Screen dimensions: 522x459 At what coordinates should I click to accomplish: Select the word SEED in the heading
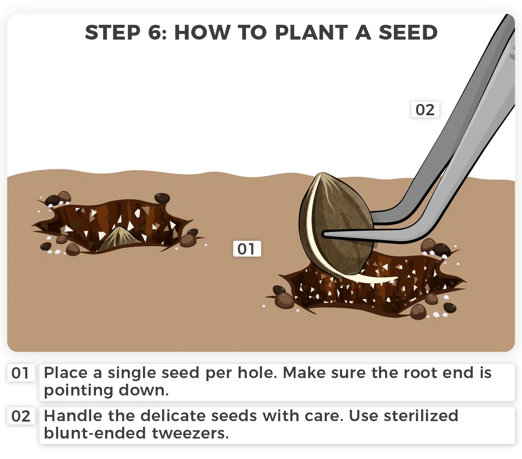point(408,33)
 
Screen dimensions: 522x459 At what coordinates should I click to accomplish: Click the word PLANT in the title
point(312,33)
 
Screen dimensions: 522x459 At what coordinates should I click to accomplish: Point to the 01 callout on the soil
point(247,249)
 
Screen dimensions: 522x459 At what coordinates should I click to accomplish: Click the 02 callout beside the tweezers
point(425,110)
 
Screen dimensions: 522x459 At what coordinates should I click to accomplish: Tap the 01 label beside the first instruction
point(20,373)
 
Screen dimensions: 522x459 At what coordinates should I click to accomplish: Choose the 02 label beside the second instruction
point(20,416)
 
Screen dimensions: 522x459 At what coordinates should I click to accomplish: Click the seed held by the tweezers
point(336,224)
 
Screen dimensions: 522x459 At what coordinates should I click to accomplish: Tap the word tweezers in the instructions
point(190,433)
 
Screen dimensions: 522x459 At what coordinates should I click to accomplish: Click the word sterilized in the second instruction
point(421,415)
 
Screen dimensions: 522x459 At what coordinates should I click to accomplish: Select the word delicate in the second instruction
point(173,415)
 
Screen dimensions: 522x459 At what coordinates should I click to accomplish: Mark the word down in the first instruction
point(143,390)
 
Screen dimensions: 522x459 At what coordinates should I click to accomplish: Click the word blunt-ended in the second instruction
point(95,433)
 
